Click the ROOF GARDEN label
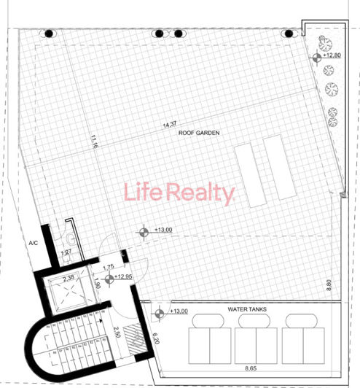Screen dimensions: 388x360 (x=199, y=133)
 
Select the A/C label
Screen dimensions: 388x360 (x=33, y=243)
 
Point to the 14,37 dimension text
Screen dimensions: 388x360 (x=171, y=125)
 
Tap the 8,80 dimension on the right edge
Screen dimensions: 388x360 (x=329, y=285)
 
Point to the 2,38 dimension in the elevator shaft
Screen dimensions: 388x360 (x=69, y=278)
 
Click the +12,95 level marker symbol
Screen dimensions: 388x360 (x=109, y=279)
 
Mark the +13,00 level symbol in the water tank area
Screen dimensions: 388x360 (x=157, y=311)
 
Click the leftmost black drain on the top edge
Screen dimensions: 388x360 (x=48, y=33)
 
